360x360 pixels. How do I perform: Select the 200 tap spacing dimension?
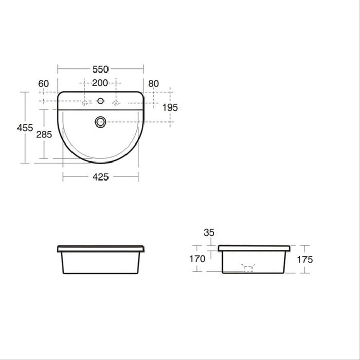point(100,83)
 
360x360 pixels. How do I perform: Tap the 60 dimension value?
point(43,83)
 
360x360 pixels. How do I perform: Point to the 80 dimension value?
point(153,83)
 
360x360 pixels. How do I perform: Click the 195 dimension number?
point(170,107)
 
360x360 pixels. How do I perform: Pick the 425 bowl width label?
point(100,177)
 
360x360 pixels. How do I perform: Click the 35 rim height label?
point(209,232)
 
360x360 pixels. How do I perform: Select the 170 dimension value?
point(197,259)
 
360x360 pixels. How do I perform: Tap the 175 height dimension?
point(304,260)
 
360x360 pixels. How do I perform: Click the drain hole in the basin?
point(100,122)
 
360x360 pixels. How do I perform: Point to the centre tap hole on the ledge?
point(100,101)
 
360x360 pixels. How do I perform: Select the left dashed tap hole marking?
point(86,103)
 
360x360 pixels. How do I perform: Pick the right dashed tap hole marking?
point(116,103)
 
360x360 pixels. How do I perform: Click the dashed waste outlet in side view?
point(248,268)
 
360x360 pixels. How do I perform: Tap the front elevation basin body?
point(100,263)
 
